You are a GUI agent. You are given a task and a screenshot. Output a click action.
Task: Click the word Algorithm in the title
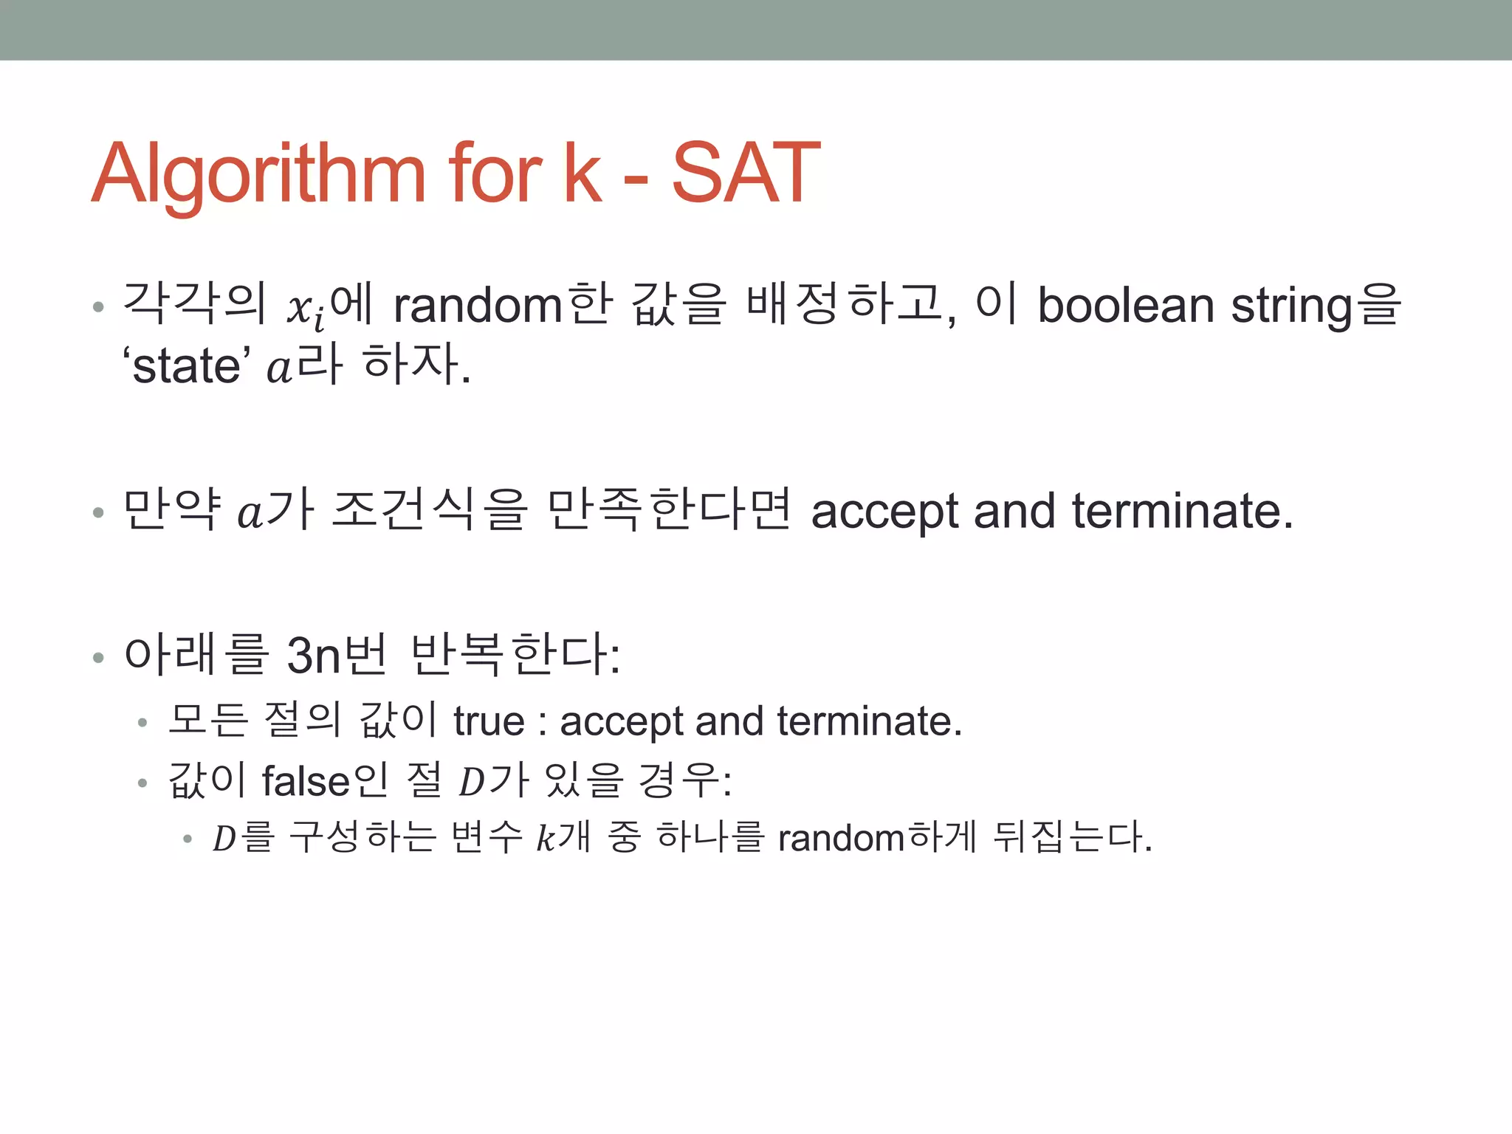258,174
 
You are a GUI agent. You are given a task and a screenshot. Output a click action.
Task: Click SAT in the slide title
746,174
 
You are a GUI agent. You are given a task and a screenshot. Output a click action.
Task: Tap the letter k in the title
583,174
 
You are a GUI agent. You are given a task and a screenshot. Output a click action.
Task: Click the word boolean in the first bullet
1125,306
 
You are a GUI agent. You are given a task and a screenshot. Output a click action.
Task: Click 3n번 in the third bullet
336,654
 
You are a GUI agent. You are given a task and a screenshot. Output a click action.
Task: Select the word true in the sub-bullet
489,721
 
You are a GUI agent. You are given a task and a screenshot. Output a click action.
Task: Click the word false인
325,781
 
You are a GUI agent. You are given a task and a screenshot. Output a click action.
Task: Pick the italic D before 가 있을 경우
471,783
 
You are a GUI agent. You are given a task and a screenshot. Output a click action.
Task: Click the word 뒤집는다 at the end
1071,838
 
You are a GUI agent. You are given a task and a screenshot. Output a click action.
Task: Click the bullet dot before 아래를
98,657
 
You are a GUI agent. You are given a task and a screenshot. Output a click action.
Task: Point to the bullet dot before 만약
98,512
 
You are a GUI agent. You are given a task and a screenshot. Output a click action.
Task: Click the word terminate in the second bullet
1181,511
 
